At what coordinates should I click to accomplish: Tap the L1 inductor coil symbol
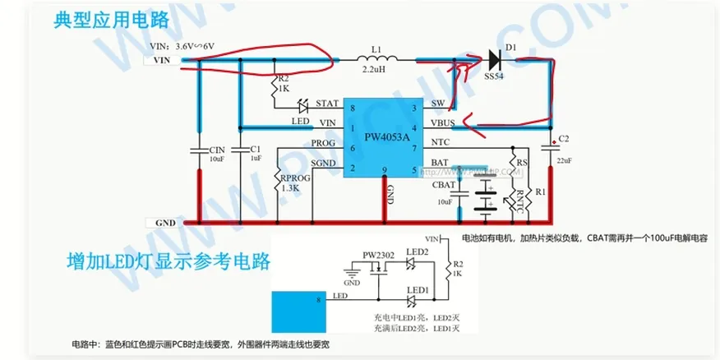pos(376,59)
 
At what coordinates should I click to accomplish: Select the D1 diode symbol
pos(495,59)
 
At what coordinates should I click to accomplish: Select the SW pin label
pos(437,104)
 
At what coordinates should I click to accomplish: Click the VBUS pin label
pos(445,127)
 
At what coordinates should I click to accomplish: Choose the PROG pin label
pos(322,143)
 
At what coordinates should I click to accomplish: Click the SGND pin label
pos(324,164)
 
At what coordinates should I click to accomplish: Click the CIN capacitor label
pos(217,149)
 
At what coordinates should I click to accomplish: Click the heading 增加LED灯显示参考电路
pos(168,261)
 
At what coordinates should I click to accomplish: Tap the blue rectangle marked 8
pos(299,309)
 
